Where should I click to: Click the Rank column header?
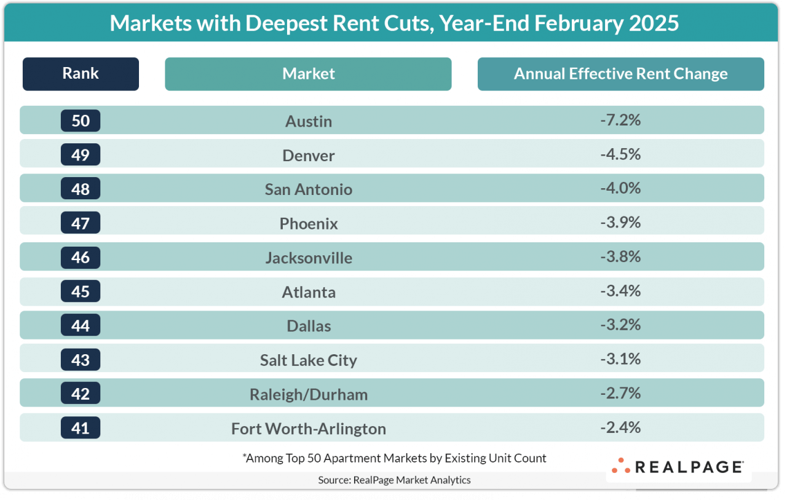pos(81,74)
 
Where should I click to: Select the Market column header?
pos(308,74)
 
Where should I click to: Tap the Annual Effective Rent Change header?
pos(620,74)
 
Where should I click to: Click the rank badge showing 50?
pos(81,121)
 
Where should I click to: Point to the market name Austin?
pos(309,121)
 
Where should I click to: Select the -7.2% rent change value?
pos(620,120)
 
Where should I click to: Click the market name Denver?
pos(309,156)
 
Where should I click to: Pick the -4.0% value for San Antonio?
pos(620,188)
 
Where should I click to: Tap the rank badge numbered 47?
pos(81,223)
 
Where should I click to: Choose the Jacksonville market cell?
pos(309,258)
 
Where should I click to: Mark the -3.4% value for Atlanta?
pos(620,290)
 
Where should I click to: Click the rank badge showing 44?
pos(81,325)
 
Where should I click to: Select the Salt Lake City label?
pos(309,360)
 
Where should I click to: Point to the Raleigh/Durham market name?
pos(309,394)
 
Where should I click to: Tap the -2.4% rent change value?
pos(620,427)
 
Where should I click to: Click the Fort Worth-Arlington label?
pos(309,429)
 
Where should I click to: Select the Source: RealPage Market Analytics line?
pos(394,480)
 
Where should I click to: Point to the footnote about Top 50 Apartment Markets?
pos(394,458)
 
